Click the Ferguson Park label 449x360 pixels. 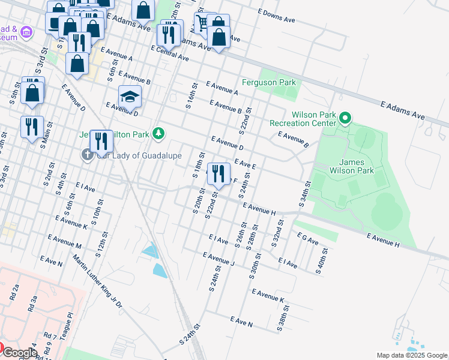click(269, 82)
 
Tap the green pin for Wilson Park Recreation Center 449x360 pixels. click(345, 118)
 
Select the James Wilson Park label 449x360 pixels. click(349, 166)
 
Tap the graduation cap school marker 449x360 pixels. click(130, 97)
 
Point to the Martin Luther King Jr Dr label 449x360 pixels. click(97, 281)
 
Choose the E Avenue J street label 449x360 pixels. click(218, 259)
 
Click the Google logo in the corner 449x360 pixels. click(19, 353)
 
